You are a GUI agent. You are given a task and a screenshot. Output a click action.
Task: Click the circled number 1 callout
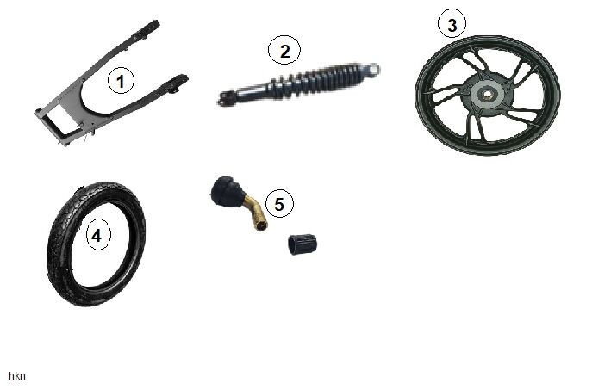[121, 81]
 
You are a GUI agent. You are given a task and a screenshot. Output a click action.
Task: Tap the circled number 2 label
[284, 51]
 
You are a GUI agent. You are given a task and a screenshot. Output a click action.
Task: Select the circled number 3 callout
[452, 25]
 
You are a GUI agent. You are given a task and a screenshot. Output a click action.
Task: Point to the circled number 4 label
[97, 235]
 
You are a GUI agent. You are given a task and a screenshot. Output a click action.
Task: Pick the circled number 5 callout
[279, 204]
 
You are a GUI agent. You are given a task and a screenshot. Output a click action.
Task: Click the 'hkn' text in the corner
[17, 376]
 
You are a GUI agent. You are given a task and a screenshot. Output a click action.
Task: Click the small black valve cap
[302, 244]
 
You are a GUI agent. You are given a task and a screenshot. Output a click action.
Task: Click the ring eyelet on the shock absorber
[372, 70]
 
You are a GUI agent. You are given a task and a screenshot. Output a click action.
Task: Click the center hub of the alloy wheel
[487, 95]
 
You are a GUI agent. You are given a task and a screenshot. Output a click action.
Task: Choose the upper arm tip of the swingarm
[151, 29]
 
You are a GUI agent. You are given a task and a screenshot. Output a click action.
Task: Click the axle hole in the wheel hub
[486, 94]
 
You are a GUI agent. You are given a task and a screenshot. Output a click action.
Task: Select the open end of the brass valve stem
[262, 225]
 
